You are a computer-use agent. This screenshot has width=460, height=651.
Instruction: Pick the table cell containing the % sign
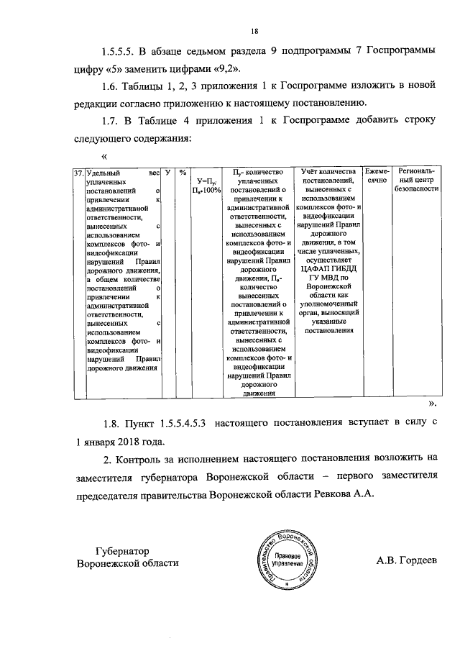point(183,173)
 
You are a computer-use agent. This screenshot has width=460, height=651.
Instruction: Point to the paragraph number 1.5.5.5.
point(119,53)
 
